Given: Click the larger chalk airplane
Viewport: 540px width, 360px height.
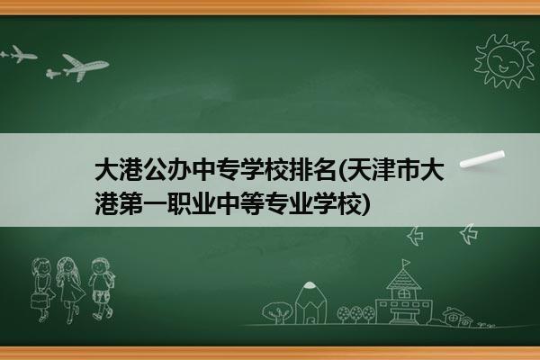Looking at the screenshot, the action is point(85,67).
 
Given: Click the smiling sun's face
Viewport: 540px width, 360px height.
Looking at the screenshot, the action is point(505,60).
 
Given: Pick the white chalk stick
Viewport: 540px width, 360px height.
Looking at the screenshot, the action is point(482,159).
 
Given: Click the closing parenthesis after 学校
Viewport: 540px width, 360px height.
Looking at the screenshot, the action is point(366,204).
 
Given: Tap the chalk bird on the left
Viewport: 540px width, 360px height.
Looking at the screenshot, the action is point(415,236).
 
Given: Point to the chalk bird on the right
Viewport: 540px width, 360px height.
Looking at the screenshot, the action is point(469,234).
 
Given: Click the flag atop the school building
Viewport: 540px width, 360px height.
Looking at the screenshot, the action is point(407,263).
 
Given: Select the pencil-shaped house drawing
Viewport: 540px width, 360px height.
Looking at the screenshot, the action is point(310,302).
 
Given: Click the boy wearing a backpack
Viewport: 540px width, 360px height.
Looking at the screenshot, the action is point(101,289).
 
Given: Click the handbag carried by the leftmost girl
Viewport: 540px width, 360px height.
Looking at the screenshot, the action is point(39,301).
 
